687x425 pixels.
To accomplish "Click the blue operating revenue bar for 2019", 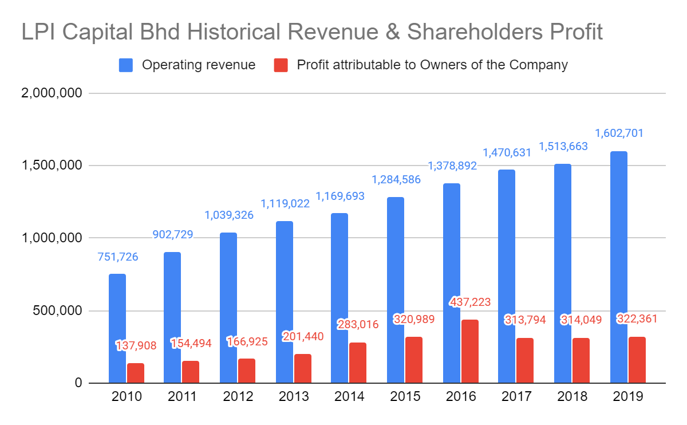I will [619, 267].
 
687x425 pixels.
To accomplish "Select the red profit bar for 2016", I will [470, 351].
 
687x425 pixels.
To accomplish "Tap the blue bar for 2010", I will [117, 328].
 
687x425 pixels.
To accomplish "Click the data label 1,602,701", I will [619, 133].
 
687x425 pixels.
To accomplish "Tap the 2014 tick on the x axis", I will [349, 396].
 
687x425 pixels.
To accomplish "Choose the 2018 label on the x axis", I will [572, 396].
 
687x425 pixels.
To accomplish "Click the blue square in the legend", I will [126, 65].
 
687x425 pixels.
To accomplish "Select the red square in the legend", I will [281, 65].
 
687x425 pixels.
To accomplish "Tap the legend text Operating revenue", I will [199, 65].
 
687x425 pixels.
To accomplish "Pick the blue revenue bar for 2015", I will [396, 290].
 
